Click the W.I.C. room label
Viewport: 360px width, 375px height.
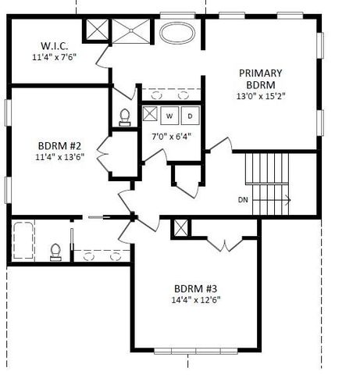[x=50, y=45]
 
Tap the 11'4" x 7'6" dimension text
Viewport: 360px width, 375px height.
[x=50, y=58]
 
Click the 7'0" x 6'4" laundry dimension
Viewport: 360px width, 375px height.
[x=170, y=137]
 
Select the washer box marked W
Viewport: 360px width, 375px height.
[x=169, y=116]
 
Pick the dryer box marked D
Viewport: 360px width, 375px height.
[x=189, y=116]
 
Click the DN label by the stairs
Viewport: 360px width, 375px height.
[x=244, y=200]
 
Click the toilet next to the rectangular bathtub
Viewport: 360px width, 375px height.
[x=55, y=251]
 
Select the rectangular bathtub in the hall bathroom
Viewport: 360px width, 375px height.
[x=23, y=242]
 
